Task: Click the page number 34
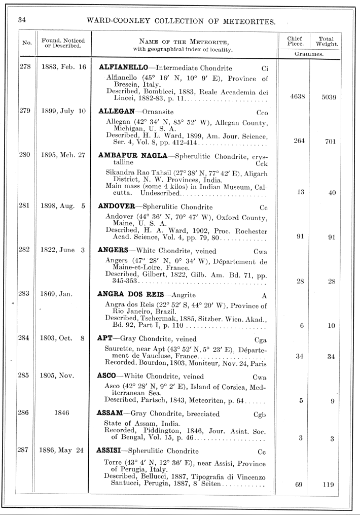coord(22,21)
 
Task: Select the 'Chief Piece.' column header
coord(295,41)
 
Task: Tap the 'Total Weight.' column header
coord(328,41)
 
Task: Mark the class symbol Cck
coord(262,163)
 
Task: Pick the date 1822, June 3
coord(63,250)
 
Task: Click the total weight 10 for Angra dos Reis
coord(332,326)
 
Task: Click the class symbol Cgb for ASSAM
coord(260,414)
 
